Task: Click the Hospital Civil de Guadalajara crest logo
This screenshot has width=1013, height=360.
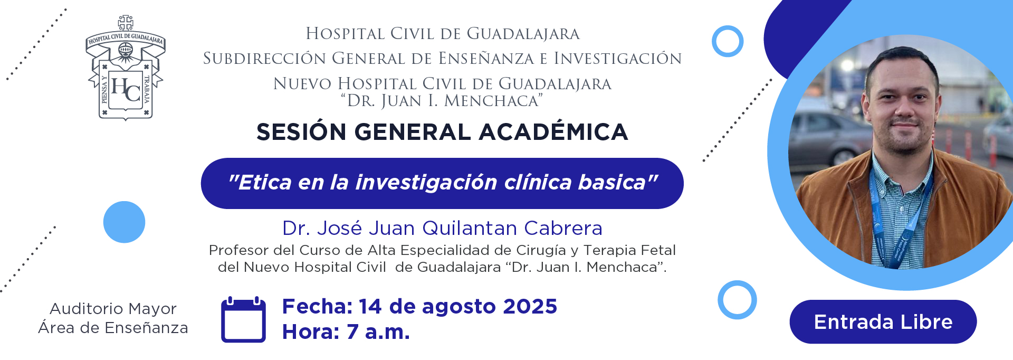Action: tap(126, 68)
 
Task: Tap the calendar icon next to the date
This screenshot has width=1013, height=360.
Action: tap(243, 319)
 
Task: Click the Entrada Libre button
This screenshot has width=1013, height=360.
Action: tap(883, 321)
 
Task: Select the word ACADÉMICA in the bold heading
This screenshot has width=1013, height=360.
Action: tap(553, 132)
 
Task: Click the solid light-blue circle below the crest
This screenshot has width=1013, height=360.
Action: tap(124, 222)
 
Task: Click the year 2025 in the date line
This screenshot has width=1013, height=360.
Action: tap(530, 306)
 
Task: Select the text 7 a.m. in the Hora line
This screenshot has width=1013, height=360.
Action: tap(378, 332)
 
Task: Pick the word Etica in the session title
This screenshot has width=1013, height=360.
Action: tap(265, 183)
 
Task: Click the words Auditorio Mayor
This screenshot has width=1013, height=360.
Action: tap(113, 309)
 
